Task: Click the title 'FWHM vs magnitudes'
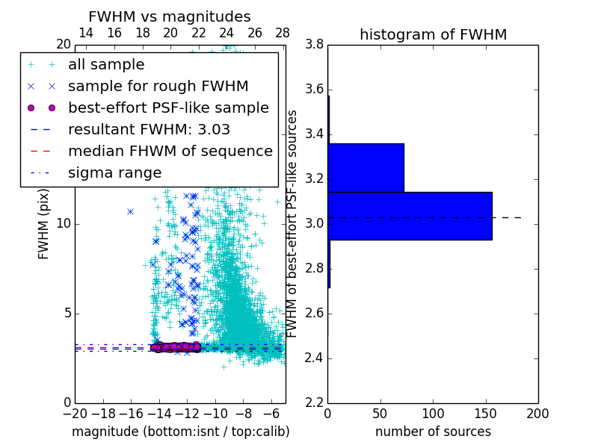[x=169, y=16]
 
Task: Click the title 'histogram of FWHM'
[x=433, y=34]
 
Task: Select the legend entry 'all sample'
[x=106, y=65]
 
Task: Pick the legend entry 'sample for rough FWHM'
[x=158, y=87]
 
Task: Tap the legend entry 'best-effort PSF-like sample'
[x=168, y=108]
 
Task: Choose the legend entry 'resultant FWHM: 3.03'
[x=149, y=130]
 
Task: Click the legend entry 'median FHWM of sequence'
[x=170, y=152]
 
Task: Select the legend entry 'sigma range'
[x=114, y=173]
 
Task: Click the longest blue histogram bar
[x=410, y=216]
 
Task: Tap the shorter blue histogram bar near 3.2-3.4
[x=366, y=167]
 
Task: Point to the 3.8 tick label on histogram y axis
[x=314, y=45]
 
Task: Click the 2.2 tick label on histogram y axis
[x=314, y=402]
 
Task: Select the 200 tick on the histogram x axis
[x=537, y=413]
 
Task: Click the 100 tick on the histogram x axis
[x=433, y=413]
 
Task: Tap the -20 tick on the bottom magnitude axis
[x=76, y=413]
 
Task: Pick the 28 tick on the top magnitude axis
[x=283, y=33]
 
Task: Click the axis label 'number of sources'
[x=433, y=432]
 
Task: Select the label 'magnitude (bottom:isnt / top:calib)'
[x=180, y=432]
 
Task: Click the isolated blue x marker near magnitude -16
[x=130, y=211]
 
